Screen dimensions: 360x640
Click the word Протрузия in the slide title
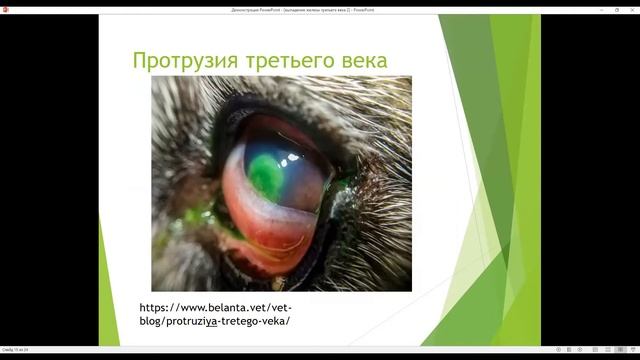coord(181,60)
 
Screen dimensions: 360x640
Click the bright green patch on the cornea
coord(265,172)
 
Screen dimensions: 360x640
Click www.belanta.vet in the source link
coord(220,307)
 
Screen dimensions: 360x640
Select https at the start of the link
coord(154,307)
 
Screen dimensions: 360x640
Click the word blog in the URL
coord(155,321)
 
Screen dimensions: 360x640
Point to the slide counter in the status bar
coord(15,350)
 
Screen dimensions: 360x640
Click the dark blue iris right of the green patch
coord(300,170)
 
